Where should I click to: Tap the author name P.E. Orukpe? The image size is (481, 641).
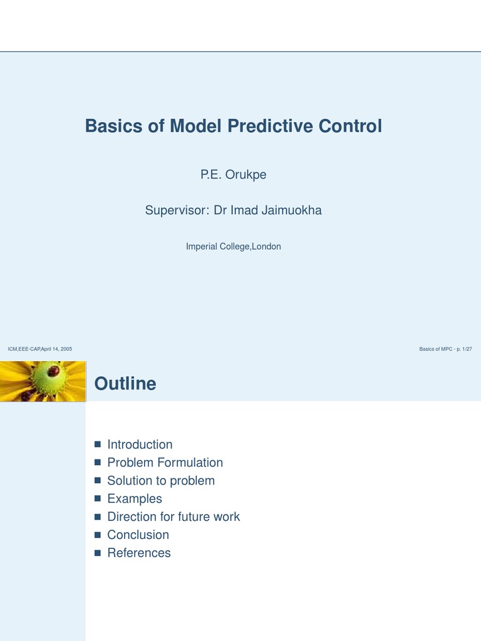click(233, 175)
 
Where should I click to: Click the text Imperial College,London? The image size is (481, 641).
click(233, 247)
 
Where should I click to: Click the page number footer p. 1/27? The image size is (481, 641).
click(462, 349)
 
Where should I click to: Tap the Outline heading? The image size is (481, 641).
click(125, 384)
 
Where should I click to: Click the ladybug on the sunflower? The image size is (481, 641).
click(53, 371)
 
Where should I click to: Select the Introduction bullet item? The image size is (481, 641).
click(140, 444)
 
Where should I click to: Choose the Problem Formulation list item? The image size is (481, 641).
click(165, 463)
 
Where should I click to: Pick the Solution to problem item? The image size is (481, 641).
click(161, 481)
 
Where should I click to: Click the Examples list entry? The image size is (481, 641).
click(135, 499)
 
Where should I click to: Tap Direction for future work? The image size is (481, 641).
click(173, 517)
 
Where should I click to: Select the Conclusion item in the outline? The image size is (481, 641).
click(138, 535)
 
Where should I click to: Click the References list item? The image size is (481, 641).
click(139, 553)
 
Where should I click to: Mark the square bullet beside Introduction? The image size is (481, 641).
click(97, 444)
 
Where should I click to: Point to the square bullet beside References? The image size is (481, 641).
click(97, 553)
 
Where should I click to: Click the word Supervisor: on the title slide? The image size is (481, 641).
click(177, 210)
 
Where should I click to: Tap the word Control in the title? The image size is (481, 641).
click(350, 126)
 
